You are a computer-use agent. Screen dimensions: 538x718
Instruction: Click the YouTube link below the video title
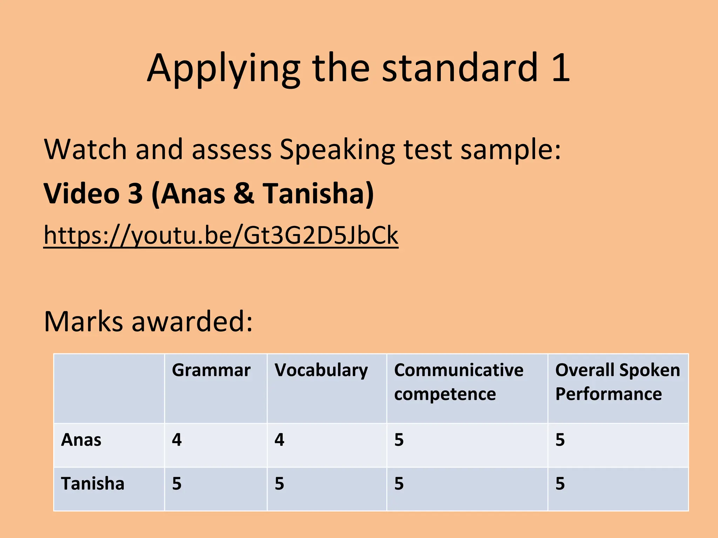click(221, 235)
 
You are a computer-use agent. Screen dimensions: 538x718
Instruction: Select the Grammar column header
click(211, 370)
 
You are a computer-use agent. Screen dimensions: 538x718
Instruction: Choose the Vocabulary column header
click(321, 371)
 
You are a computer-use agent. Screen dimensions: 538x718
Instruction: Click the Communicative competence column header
click(459, 382)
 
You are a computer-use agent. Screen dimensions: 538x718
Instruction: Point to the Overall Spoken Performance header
click(617, 382)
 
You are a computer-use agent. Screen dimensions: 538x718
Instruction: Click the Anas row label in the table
click(81, 440)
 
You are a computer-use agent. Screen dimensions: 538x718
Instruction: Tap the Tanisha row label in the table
click(93, 484)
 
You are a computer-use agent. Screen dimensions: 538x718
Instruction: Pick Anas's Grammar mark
click(177, 440)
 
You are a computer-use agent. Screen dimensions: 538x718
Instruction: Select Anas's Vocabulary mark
click(279, 440)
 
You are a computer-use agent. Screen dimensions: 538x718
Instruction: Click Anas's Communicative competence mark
click(399, 440)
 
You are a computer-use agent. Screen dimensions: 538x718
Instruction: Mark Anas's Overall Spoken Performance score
click(560, 440)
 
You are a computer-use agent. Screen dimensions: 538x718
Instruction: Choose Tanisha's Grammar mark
click(177, 484)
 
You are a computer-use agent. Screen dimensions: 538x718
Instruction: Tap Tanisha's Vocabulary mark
click(279, 484)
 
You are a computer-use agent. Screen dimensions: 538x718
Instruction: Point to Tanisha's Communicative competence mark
click(399, 484)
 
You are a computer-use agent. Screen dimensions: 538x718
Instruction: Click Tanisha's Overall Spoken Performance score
click(560, 484)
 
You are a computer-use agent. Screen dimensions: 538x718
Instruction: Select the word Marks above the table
click(83, 321)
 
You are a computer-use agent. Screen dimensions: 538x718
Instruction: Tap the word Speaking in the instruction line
click(337, 150)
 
